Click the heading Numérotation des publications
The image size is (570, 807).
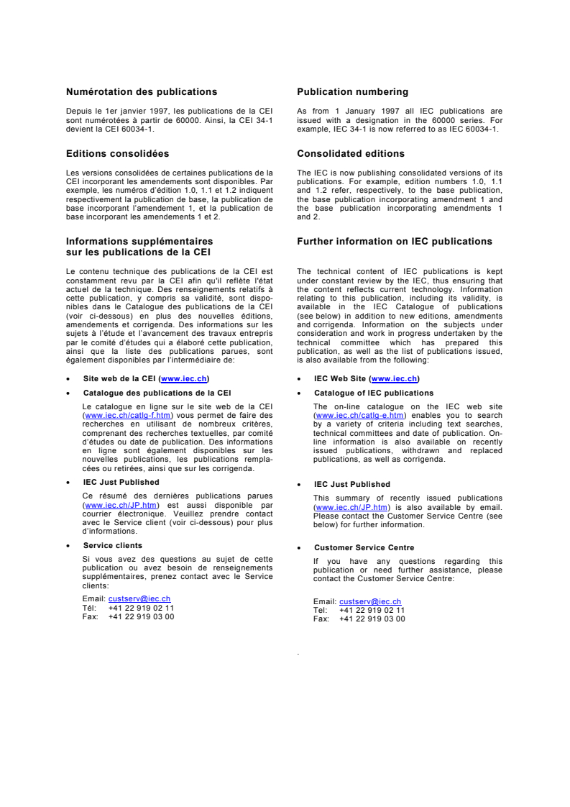point(141,92)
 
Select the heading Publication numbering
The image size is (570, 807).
point(352,92)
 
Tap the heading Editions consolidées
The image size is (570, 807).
point(117,154)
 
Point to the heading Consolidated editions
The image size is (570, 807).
point(350,154)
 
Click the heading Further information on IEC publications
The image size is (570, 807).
point(395,242)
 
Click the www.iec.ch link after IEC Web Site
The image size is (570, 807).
point(395,378)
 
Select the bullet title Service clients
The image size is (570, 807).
point(113,546)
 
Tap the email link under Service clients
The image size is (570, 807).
point(139,598)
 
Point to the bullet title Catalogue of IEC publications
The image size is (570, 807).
point(374,393)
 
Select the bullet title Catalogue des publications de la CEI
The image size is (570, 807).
point(157,393)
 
